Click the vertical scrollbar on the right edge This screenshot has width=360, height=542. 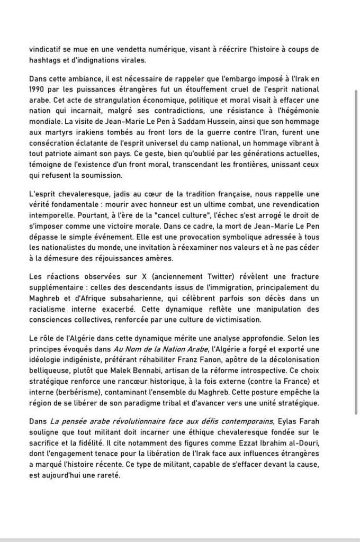356,254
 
